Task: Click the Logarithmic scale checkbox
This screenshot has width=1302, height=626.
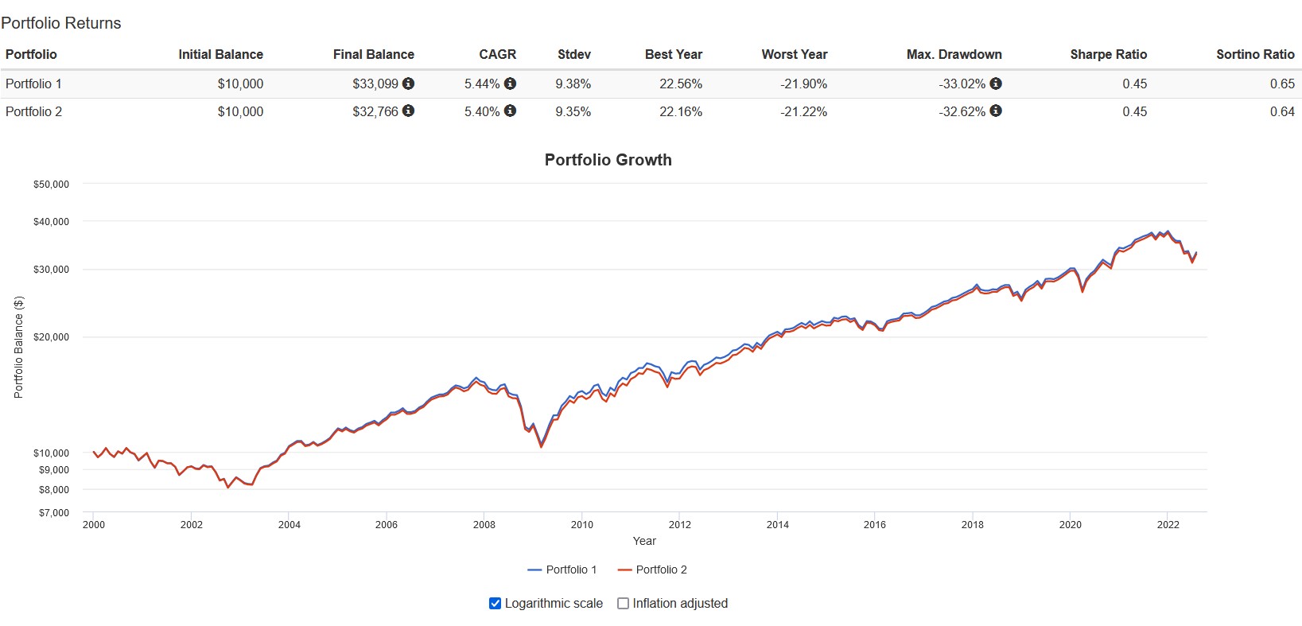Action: tap(495, 604)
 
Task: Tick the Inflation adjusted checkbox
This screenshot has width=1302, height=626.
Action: tap(624, 604)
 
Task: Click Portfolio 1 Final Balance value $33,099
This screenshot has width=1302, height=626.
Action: tap(375, 84)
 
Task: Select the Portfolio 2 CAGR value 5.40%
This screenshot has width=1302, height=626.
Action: tap(482, 111)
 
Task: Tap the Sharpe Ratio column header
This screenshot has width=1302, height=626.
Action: tap(1108, 54)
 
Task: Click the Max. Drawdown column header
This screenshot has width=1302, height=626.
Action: tap(954, 54)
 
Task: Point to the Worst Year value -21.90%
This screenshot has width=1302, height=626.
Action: tap(803, 84)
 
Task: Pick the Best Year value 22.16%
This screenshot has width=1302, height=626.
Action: tap(680, 111)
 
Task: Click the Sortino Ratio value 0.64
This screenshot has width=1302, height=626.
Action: tap(1281, 111)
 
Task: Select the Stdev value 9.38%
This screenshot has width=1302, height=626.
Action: tap(573, 84)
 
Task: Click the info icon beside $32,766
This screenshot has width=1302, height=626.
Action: tap(408, 111)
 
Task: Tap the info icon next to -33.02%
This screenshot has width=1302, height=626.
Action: tap(996, 83)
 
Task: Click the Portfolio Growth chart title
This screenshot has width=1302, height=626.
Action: tap(608, 160)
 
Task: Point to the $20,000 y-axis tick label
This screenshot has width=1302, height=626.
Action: tap(51, 337)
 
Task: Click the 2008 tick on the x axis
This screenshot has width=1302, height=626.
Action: tap(484, 524)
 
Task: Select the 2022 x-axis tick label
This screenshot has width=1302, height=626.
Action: tap(1168, 524)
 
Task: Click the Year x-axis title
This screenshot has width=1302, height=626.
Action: tap(644, 541)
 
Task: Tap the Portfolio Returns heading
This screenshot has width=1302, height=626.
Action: tap(61, 23)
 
